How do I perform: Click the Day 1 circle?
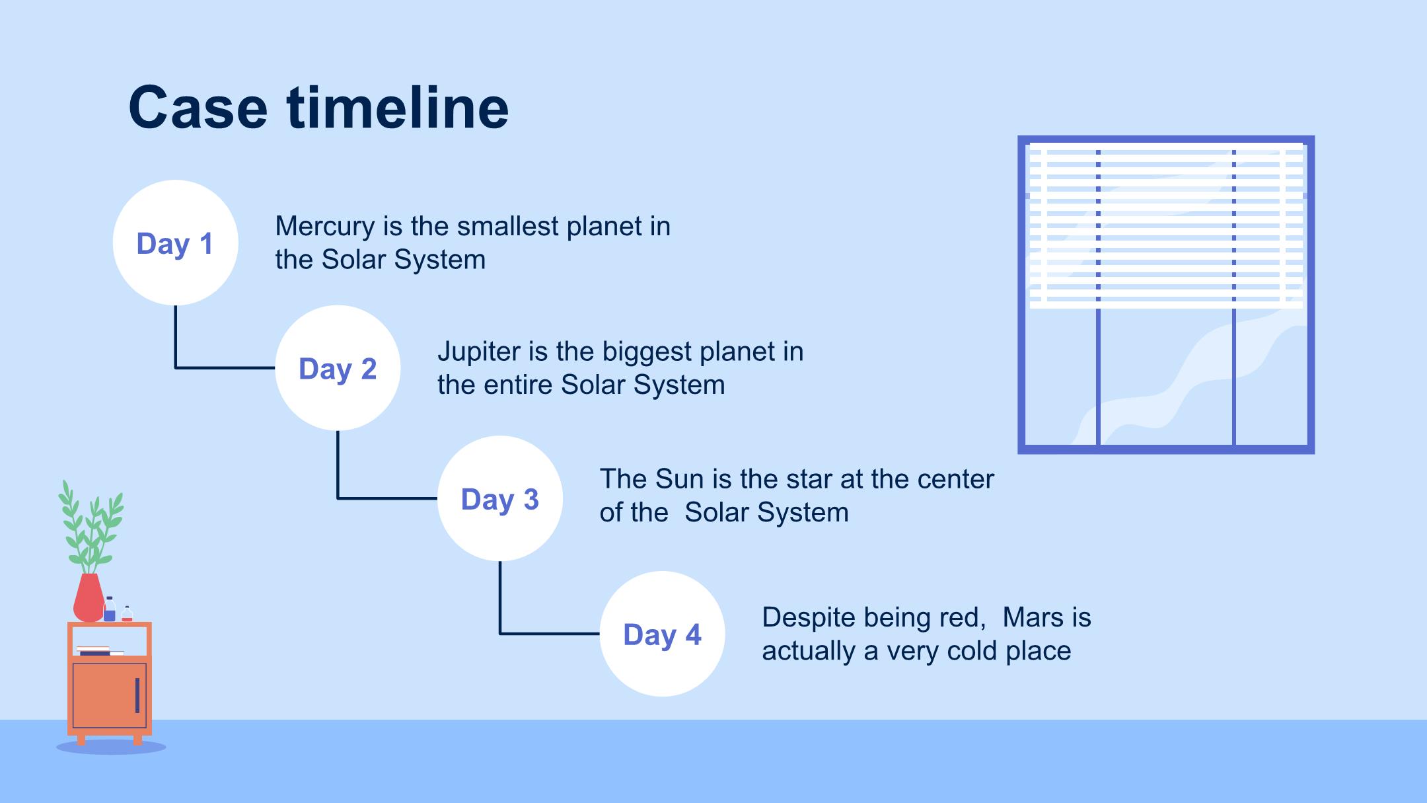click(x=175, y=243)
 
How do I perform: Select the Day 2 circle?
click(x=338, y=368)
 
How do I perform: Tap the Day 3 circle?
click(x=500, y=498)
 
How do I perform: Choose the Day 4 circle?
click(x=663, y=634)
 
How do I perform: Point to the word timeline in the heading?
click(x=398, y=107)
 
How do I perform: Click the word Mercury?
click(x=325, y=227)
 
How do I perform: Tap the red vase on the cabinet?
click(x=89, y=597)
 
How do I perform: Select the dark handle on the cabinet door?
click(x=137, y=695)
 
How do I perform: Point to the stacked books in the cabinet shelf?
click(x=100, y=651)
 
